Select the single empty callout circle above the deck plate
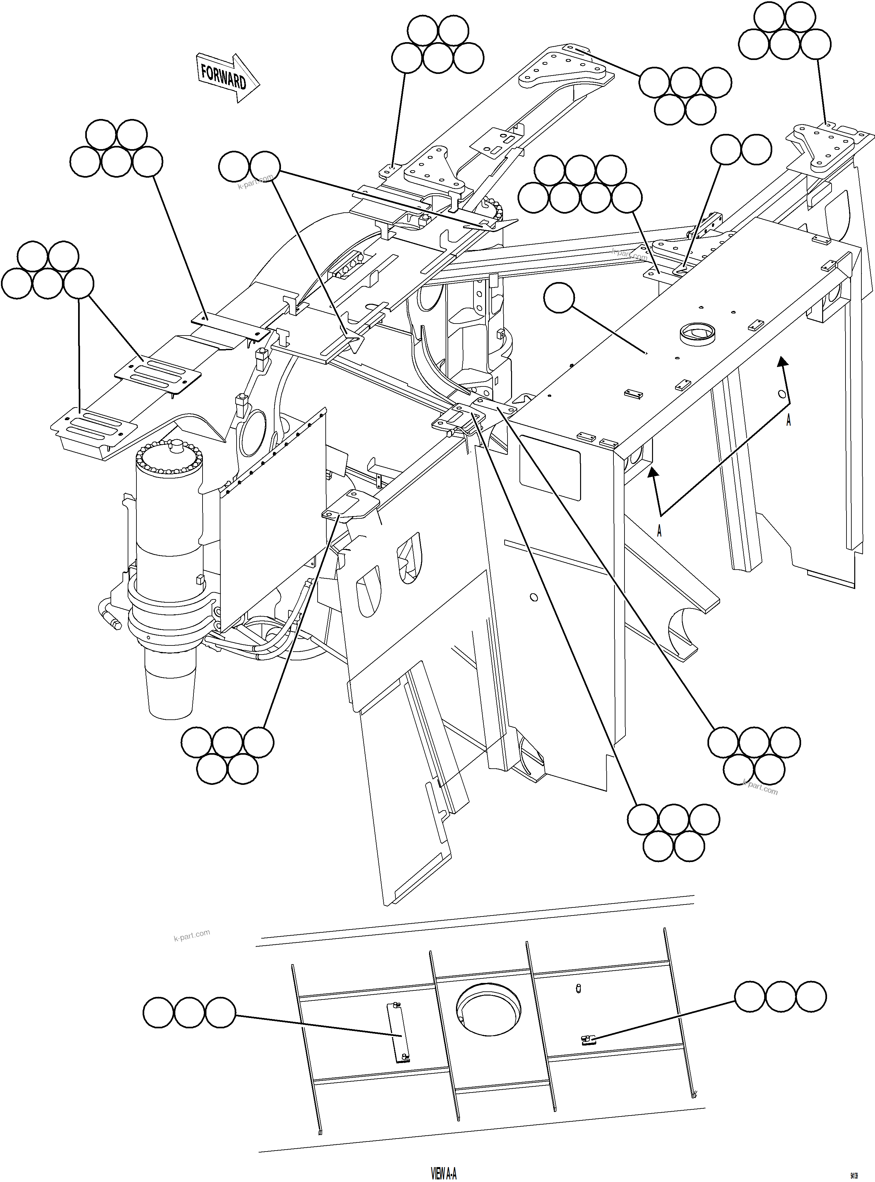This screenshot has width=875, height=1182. (x=559, y=298)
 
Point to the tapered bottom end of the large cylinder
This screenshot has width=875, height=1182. (x=170, y=694)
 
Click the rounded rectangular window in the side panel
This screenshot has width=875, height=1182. (x=550, y=468)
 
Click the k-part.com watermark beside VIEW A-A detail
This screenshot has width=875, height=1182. (x=192, y=935)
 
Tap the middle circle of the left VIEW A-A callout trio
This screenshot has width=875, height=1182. (x=189, y=1013)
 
